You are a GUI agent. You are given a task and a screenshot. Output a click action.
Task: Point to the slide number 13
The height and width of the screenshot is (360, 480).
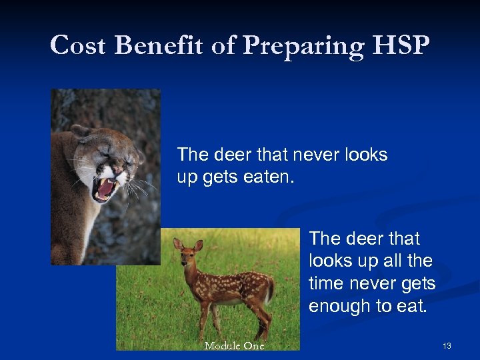tap(447, 345)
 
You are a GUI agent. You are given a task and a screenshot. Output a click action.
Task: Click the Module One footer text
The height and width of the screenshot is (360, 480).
tap(234, 345)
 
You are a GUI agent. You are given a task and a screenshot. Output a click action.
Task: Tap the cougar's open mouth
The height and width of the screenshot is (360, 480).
tap(105, 189)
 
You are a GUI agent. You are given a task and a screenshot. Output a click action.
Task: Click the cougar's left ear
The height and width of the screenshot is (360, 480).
tap(81, 131)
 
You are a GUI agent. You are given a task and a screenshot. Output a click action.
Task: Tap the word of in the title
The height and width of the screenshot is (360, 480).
tap(222, 45)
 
